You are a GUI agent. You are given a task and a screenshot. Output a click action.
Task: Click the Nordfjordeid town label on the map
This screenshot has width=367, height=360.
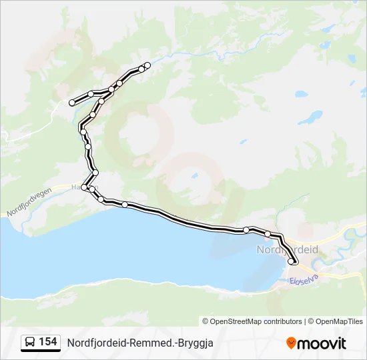[288, 249]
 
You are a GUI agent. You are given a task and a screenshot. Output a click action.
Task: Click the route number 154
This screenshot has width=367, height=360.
[48, 342]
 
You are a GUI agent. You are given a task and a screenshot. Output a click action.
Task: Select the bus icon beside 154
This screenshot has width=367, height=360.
[30, 343]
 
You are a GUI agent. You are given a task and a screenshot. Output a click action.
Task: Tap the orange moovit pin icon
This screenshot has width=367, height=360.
[292, 343]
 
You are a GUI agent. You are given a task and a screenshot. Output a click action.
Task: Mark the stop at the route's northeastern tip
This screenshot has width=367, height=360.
[147, 65]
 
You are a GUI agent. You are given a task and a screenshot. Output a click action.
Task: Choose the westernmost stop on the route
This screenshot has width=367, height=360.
[72, 102]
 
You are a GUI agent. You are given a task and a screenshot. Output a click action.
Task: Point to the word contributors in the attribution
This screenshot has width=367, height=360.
[282, 321]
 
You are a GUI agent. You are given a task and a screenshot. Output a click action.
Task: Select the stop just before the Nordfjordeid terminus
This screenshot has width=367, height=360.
[268, 234]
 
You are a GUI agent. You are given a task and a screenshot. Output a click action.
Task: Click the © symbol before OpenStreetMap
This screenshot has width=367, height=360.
[206, 321]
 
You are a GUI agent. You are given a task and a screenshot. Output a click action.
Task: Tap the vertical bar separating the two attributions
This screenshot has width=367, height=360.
[304, 321]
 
